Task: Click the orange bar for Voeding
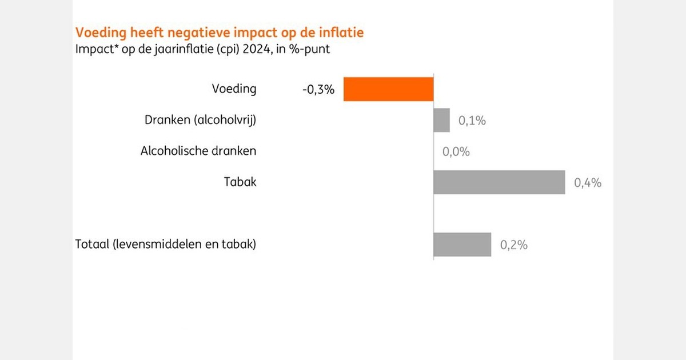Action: point(388,89)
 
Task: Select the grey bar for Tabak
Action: point(499,182)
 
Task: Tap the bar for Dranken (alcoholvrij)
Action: point(441,120)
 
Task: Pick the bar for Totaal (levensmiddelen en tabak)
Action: point(462,245)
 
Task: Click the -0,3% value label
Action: point(318,89)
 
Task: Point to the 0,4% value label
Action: point(588,183)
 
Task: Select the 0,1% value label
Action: point(472,121)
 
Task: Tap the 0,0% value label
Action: point(456,151)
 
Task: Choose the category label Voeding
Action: point(234,89)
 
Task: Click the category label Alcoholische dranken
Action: point(198,151)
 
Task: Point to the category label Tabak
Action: point(240,182)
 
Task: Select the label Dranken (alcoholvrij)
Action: point(200,121)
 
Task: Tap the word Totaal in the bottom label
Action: point(92,245)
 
